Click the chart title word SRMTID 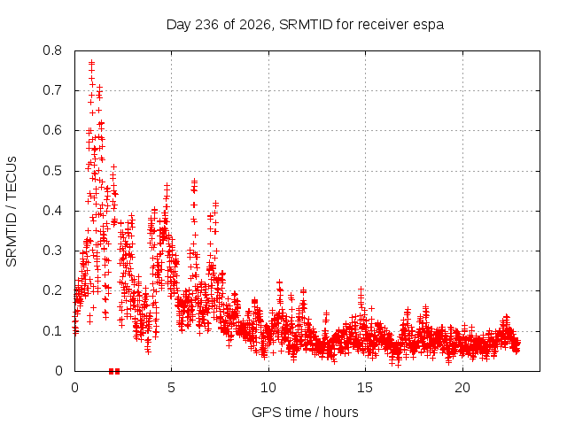pyautogui.click(x=306, y=25)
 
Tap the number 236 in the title pyautogui.click(x=206, y=25)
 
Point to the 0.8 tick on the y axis pyautogui.click(x=52, y=50)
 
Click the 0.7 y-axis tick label pyautogui.click(x=52, y=90)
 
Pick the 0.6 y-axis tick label pyautogui.click(x=52, y=130)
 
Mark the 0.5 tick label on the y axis pyautogui.click(x=52, y=171)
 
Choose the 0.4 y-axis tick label pyautogui.click(x=52, y=211)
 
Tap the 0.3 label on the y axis pyautogui.click(x=52, y=251)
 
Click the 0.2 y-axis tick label pyautogui.click(x=52, y=290)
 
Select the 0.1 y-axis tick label pyautogui.click(x=52, y=330)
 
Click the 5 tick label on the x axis pyautogui.click(x=171, y=388)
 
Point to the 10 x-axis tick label pyautogui.click(x=268, y=388)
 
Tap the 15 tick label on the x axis pyautogui.click(x=365, y=388)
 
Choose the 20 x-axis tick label pyautogui.click(x=462, y=388)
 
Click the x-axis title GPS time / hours pyautogui.click(x=305, y=413)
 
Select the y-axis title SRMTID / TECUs pyautogui.click(x=12, y=212)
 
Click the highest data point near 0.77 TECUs pyautogui.click(x=92, y=62)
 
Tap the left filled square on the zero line pyautogui.click(x=112, y=371)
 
